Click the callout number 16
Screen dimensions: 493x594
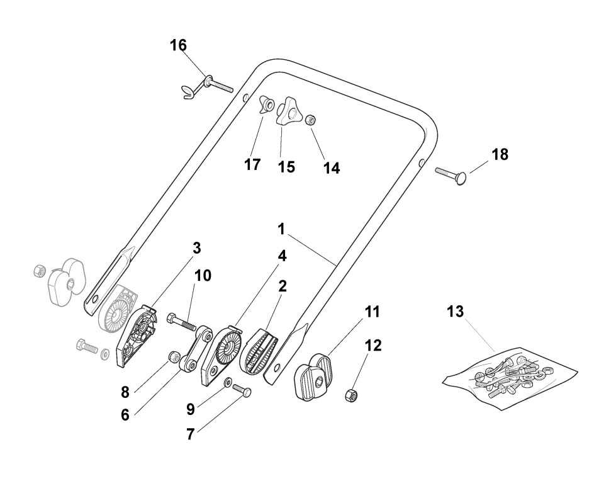178,45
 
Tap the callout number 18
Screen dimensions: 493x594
500,154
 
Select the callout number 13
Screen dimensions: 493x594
456,311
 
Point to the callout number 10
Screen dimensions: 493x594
203,276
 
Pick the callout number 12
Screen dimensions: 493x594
373,346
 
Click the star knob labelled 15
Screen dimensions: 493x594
289,111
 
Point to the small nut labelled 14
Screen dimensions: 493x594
310,120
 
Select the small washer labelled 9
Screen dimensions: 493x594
227,382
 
